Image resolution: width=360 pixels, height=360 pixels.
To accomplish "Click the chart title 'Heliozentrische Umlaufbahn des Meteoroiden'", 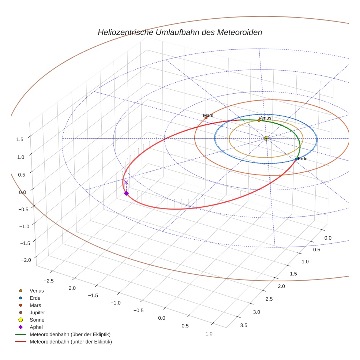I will [180, 32].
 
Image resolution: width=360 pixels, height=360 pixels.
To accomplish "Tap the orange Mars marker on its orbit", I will [206, 118].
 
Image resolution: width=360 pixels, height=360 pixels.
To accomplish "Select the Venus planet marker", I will [259, 120].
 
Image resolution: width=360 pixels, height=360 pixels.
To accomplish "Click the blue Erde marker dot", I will [296, 159].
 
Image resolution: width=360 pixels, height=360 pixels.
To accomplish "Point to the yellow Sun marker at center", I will [266, 138].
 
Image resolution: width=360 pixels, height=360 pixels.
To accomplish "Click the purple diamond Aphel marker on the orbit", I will [126, 193].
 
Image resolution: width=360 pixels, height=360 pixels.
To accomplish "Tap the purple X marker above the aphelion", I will [126, 182].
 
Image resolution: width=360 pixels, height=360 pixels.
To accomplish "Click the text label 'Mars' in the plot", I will [208, 115].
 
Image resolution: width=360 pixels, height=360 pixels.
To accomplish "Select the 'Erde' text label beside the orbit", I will [303, 159].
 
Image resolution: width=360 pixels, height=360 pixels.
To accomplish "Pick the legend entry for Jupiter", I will [37, 312].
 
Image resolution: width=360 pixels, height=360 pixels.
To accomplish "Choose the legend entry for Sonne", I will [37, 320].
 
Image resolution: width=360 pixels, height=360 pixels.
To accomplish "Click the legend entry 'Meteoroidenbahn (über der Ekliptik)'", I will [70, 334].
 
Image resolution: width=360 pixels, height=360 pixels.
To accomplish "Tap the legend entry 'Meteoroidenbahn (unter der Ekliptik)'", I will [71, 342].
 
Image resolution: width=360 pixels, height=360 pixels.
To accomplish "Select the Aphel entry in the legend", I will [36, 327].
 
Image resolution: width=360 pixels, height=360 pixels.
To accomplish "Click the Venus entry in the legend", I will [37, 290].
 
